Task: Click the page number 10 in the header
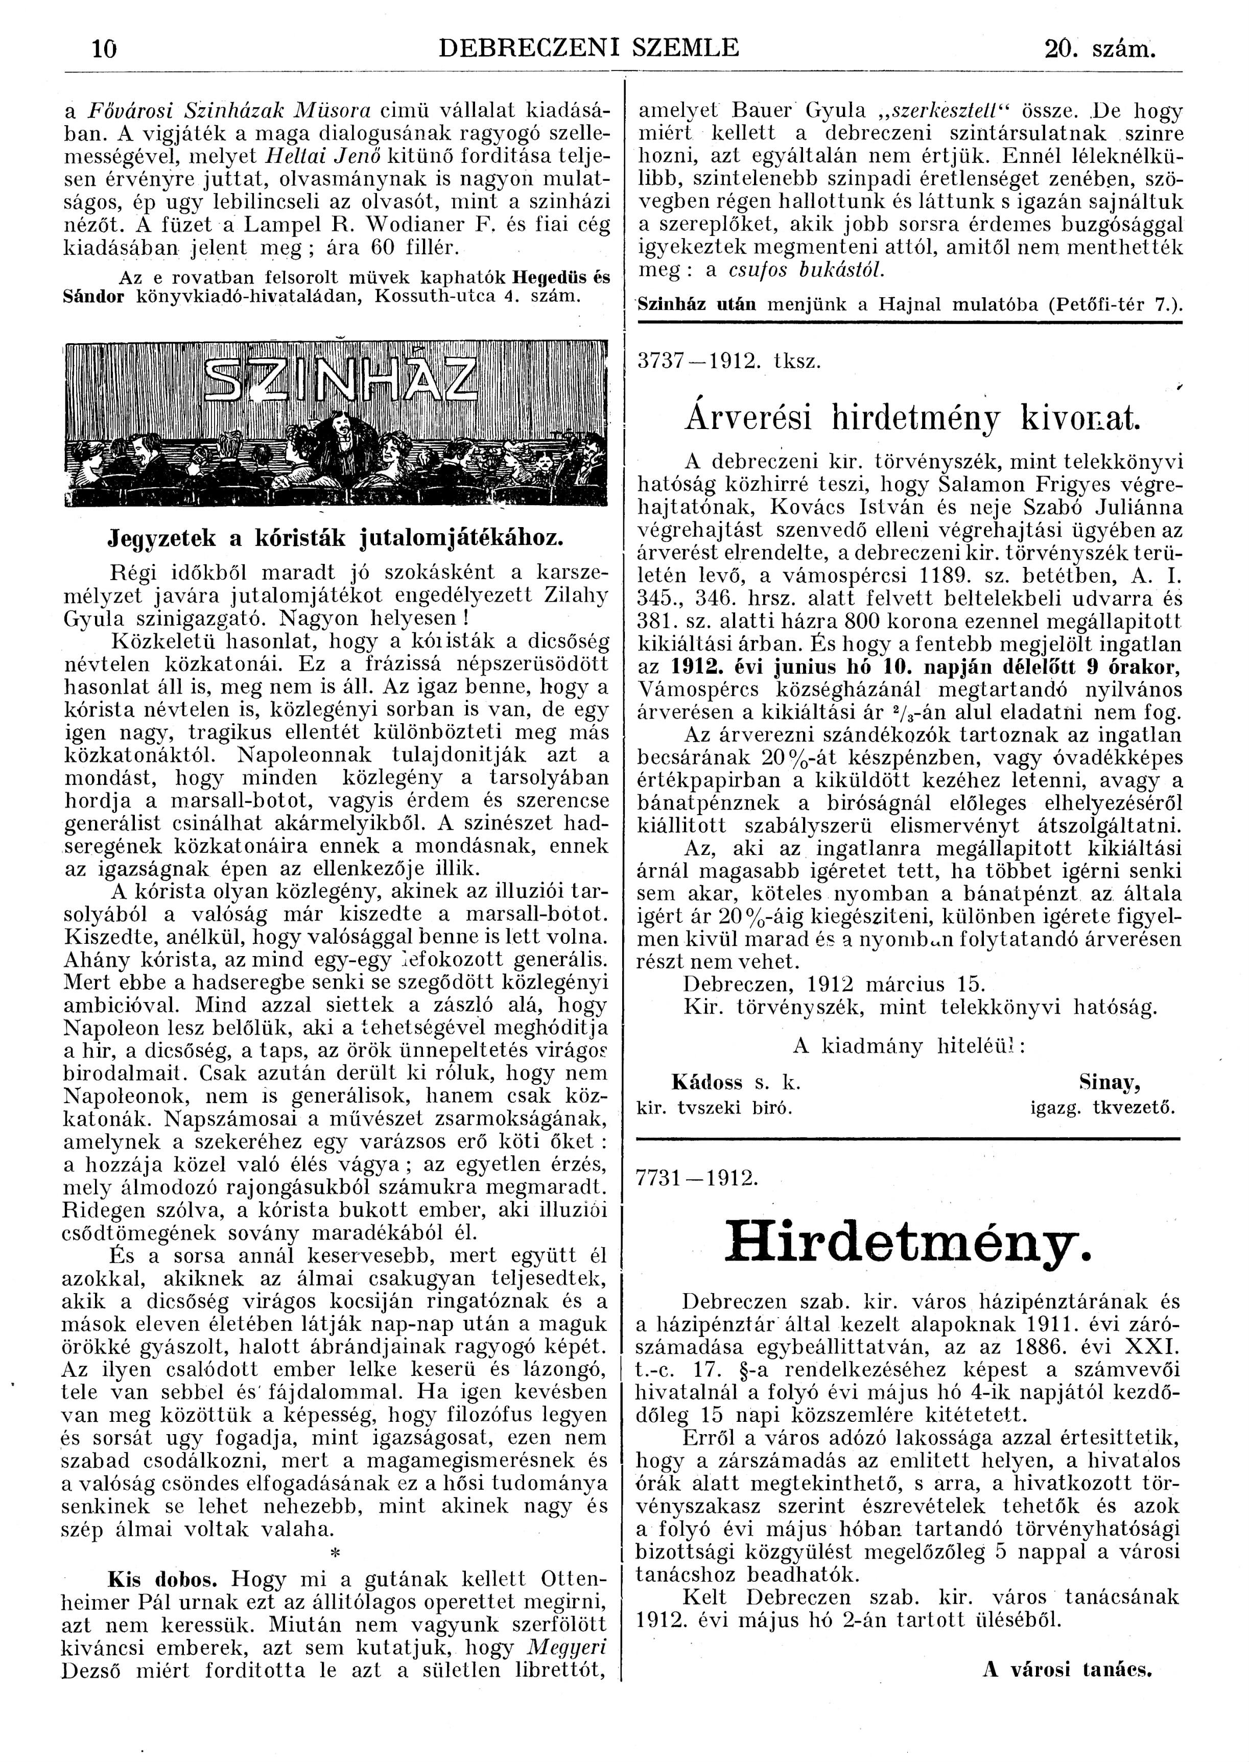[103, 49]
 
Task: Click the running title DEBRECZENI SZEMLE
[588, 49]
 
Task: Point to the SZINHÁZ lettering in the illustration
[338, 382]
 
